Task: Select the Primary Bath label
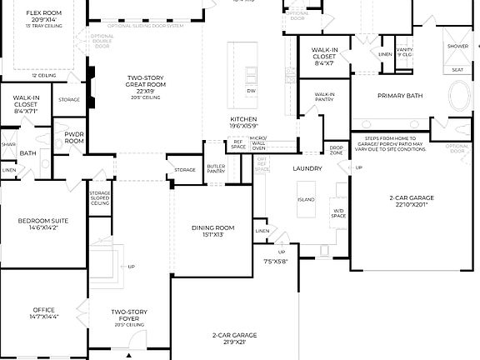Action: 400,96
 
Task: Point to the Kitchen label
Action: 243,120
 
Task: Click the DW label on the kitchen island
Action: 251,89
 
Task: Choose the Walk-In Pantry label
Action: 325,97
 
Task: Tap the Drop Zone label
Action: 336,151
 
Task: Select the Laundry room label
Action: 307,168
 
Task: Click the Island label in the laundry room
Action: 305,200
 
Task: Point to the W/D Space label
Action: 339,212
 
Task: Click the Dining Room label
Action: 213,227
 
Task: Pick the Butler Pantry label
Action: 216,169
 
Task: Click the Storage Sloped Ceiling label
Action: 99,197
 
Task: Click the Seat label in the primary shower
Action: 457,70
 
